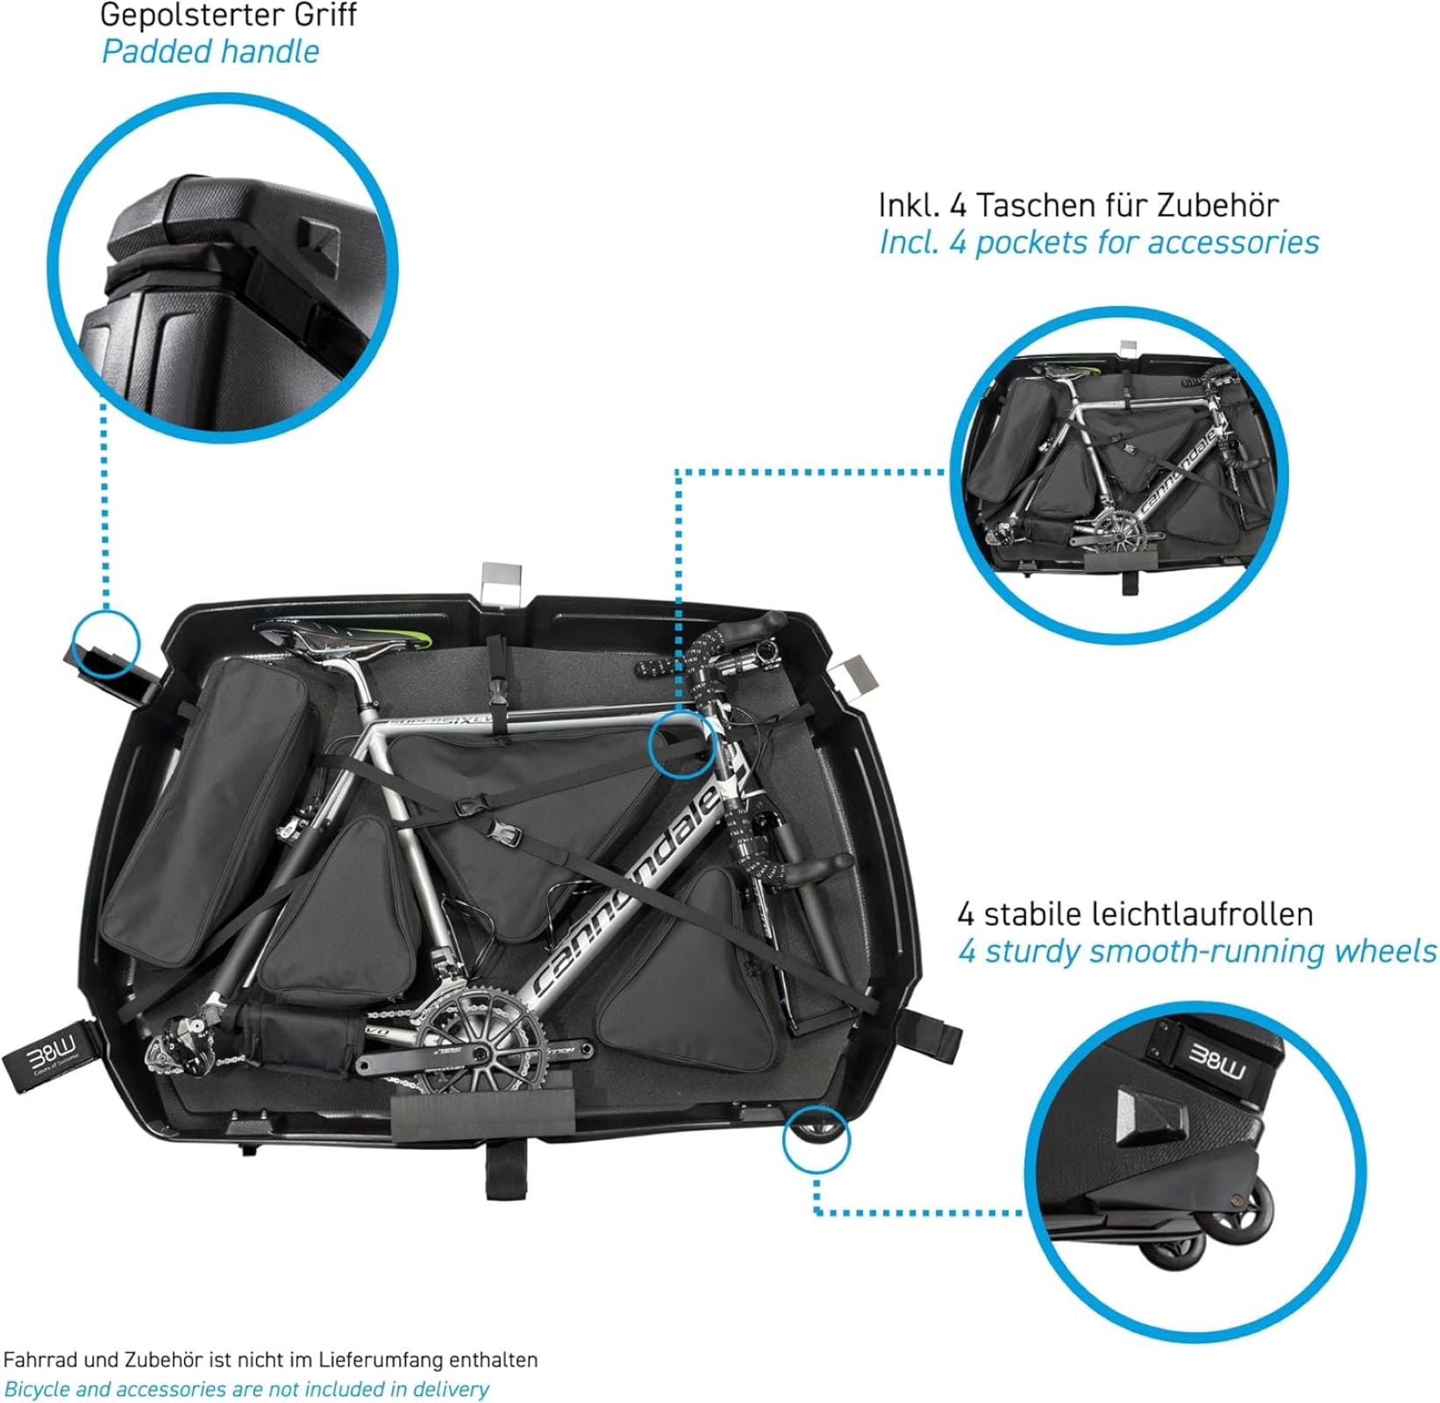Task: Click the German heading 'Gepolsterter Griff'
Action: (228, 15)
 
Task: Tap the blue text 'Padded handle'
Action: (210, 51)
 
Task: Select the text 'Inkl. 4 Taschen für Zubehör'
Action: (1079, 205)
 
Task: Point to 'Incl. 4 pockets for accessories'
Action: (1099, 243)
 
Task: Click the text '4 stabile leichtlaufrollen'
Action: (1135, 915)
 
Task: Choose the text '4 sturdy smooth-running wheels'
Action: (1197, 951)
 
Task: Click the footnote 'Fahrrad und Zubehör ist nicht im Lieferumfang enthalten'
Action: (271, 1360)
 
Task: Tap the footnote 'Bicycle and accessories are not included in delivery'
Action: (247, 1389)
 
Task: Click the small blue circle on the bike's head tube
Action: (682, 744)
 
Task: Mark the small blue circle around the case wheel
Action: (816, 1139)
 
